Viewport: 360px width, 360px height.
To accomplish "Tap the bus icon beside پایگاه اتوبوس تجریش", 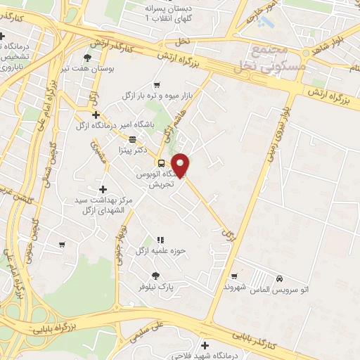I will [161, 162].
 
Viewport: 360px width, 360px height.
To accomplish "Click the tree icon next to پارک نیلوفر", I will [155, 276].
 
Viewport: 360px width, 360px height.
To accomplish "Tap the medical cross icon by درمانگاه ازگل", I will [96, 114].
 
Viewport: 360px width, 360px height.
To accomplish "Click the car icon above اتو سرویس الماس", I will [280, 278].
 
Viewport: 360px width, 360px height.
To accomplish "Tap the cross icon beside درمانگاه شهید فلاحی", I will [205, 345].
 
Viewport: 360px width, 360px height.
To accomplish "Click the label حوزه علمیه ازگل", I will [151, 250].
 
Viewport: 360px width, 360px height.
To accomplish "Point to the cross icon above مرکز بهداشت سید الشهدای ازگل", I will [103, 188].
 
